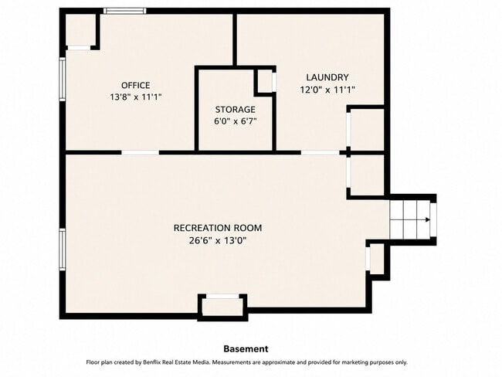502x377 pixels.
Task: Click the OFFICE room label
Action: click(x=135, y=85)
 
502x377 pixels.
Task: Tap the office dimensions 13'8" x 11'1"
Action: click(x=135, y=97)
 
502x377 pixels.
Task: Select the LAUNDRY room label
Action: click(x=327, y=77)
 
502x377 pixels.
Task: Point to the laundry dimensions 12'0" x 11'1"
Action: click(x=327, y=90)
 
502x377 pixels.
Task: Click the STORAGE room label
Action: click(x=236, y=110)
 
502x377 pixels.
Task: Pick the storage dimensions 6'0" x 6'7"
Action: click(x=236, y=121)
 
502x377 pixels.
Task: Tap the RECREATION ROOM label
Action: click(x=218, y=228)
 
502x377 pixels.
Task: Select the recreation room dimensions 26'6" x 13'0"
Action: click(x=218, y=240)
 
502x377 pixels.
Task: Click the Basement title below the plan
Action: click(x=246, y=349)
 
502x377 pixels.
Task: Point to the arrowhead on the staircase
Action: click(x=427, y=219)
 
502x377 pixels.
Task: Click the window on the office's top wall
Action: click(x=125, y=11)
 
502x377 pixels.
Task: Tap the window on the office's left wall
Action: click(x=63, y=79)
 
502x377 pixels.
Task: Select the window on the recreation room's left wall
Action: click(x=63, y=250)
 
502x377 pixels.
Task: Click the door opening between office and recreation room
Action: click(x=141, y=152)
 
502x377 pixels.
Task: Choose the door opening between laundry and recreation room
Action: click(x=320, y=152)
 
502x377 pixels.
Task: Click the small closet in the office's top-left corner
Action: click(x=80, y=29)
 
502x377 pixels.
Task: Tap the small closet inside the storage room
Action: click(x=265, y=83)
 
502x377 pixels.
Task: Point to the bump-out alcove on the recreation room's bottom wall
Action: click(x=223, y=307)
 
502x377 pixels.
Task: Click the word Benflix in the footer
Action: click(x=152, y=362)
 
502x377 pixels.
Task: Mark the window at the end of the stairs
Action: click(x=433, y=219)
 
